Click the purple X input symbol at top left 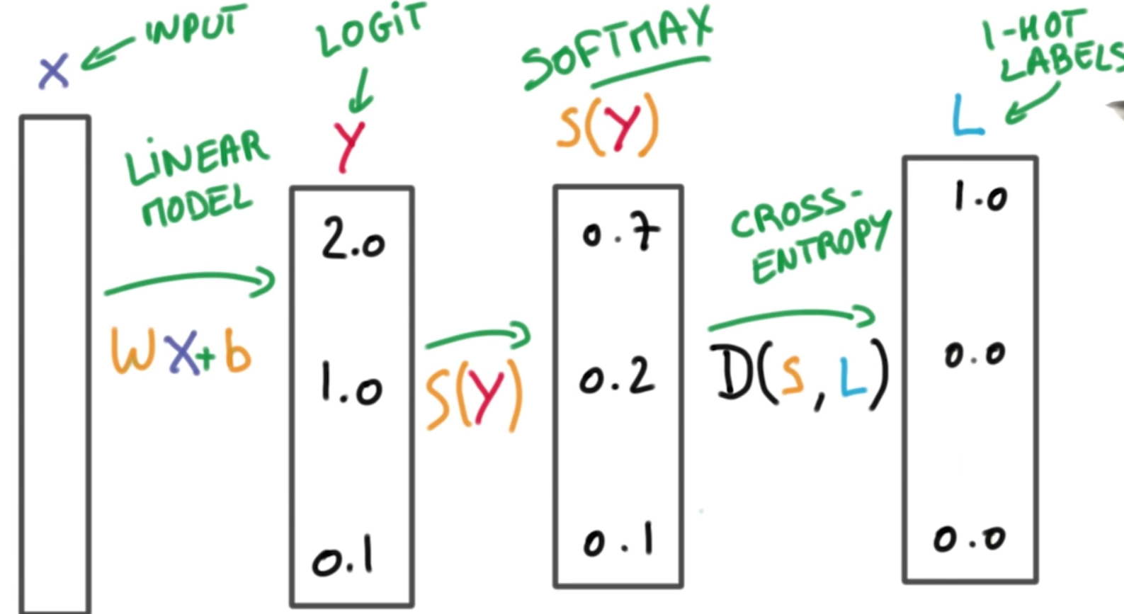coord(53,72)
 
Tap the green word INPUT coord(196,28)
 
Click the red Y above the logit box coord(349,146)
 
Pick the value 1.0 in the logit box coord(351,387)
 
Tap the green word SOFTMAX coord(617,46)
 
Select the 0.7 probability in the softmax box coord(620,233)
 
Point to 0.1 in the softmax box coord(618,542)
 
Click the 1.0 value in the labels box coord(980,196)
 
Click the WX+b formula coord(181,351)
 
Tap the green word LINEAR coord(197,157)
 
